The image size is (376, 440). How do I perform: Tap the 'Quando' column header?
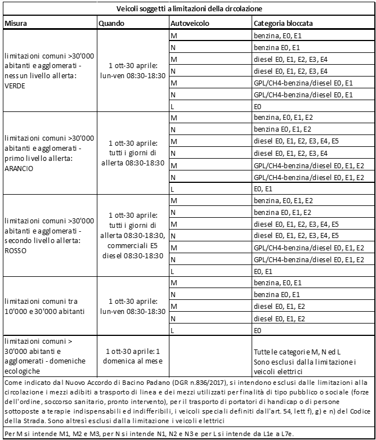[x=111, y=24]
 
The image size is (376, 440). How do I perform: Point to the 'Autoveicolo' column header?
[x=189, y=24]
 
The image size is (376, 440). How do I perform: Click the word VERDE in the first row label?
[x=16, y=87]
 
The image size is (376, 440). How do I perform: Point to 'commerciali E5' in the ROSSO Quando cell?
[x=132, y=246]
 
